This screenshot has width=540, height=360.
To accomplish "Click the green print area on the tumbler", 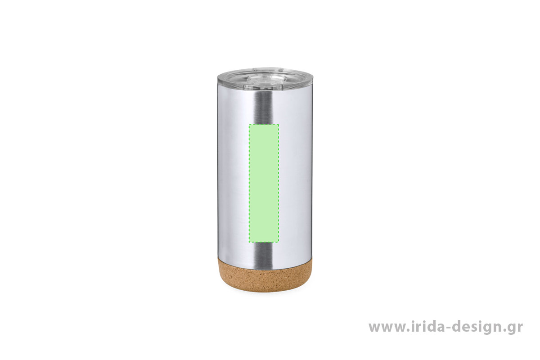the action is pyautogui.click(x=264, y=183).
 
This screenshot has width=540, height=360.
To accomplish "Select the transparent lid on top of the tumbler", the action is pyautogui.click(x=265, y=78).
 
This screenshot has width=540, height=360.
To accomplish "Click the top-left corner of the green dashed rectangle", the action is pyautogui.click(x=249, y=125).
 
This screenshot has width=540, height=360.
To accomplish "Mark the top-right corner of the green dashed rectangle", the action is pyautogui.click(x=279, y=125).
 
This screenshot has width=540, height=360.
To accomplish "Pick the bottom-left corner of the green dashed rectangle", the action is pyautogui.click(x=249, y=242).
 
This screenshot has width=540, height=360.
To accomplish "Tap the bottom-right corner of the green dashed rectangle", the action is pyautogui.click(x=279, y=242).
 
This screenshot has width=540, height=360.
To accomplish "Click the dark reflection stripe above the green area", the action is pyautogui.click(x=264, y=107).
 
